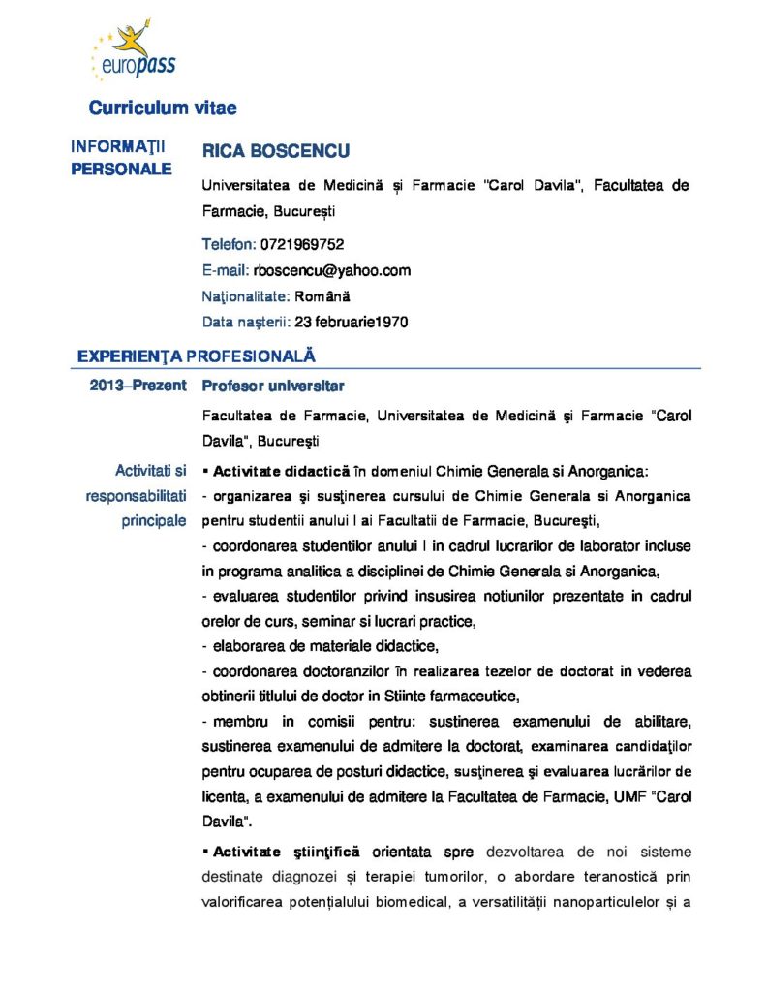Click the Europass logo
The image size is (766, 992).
132,54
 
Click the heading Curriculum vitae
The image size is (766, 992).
163,108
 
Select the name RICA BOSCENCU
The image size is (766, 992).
276,151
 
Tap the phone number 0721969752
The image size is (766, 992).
302,244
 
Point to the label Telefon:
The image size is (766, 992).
230,244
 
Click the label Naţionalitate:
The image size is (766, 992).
245,295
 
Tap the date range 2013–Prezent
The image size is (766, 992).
138,386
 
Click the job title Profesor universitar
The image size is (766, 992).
273,386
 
